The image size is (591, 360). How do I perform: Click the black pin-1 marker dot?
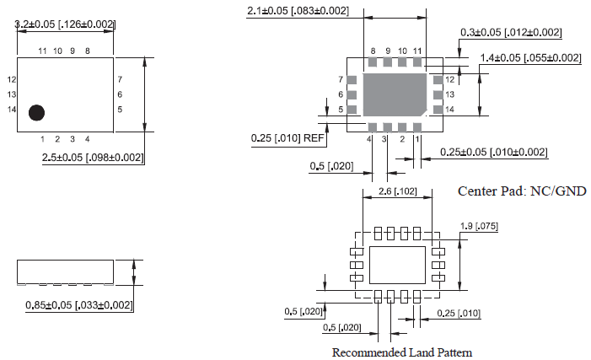(x=36, y=112)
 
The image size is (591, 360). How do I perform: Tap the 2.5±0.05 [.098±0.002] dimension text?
(x=93, y=158)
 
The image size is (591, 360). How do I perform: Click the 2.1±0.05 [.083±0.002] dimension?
(x=298, y=10)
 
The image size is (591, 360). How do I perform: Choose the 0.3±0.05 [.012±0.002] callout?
(x=511, y=32)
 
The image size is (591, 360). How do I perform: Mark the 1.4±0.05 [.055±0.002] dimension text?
(x=531, y=57)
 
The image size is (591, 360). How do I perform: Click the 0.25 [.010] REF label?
(x=287, y=137)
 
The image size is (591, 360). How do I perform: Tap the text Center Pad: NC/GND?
(x=521, y=191)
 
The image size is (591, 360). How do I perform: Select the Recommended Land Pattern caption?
(x=402, y=352)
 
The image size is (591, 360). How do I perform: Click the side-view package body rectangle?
(x=66, y=272)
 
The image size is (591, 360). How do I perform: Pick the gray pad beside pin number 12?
(x=437, y=79)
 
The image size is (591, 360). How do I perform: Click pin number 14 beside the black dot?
(x=12, y=110)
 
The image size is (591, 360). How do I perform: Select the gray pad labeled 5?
(x=353, y=110)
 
